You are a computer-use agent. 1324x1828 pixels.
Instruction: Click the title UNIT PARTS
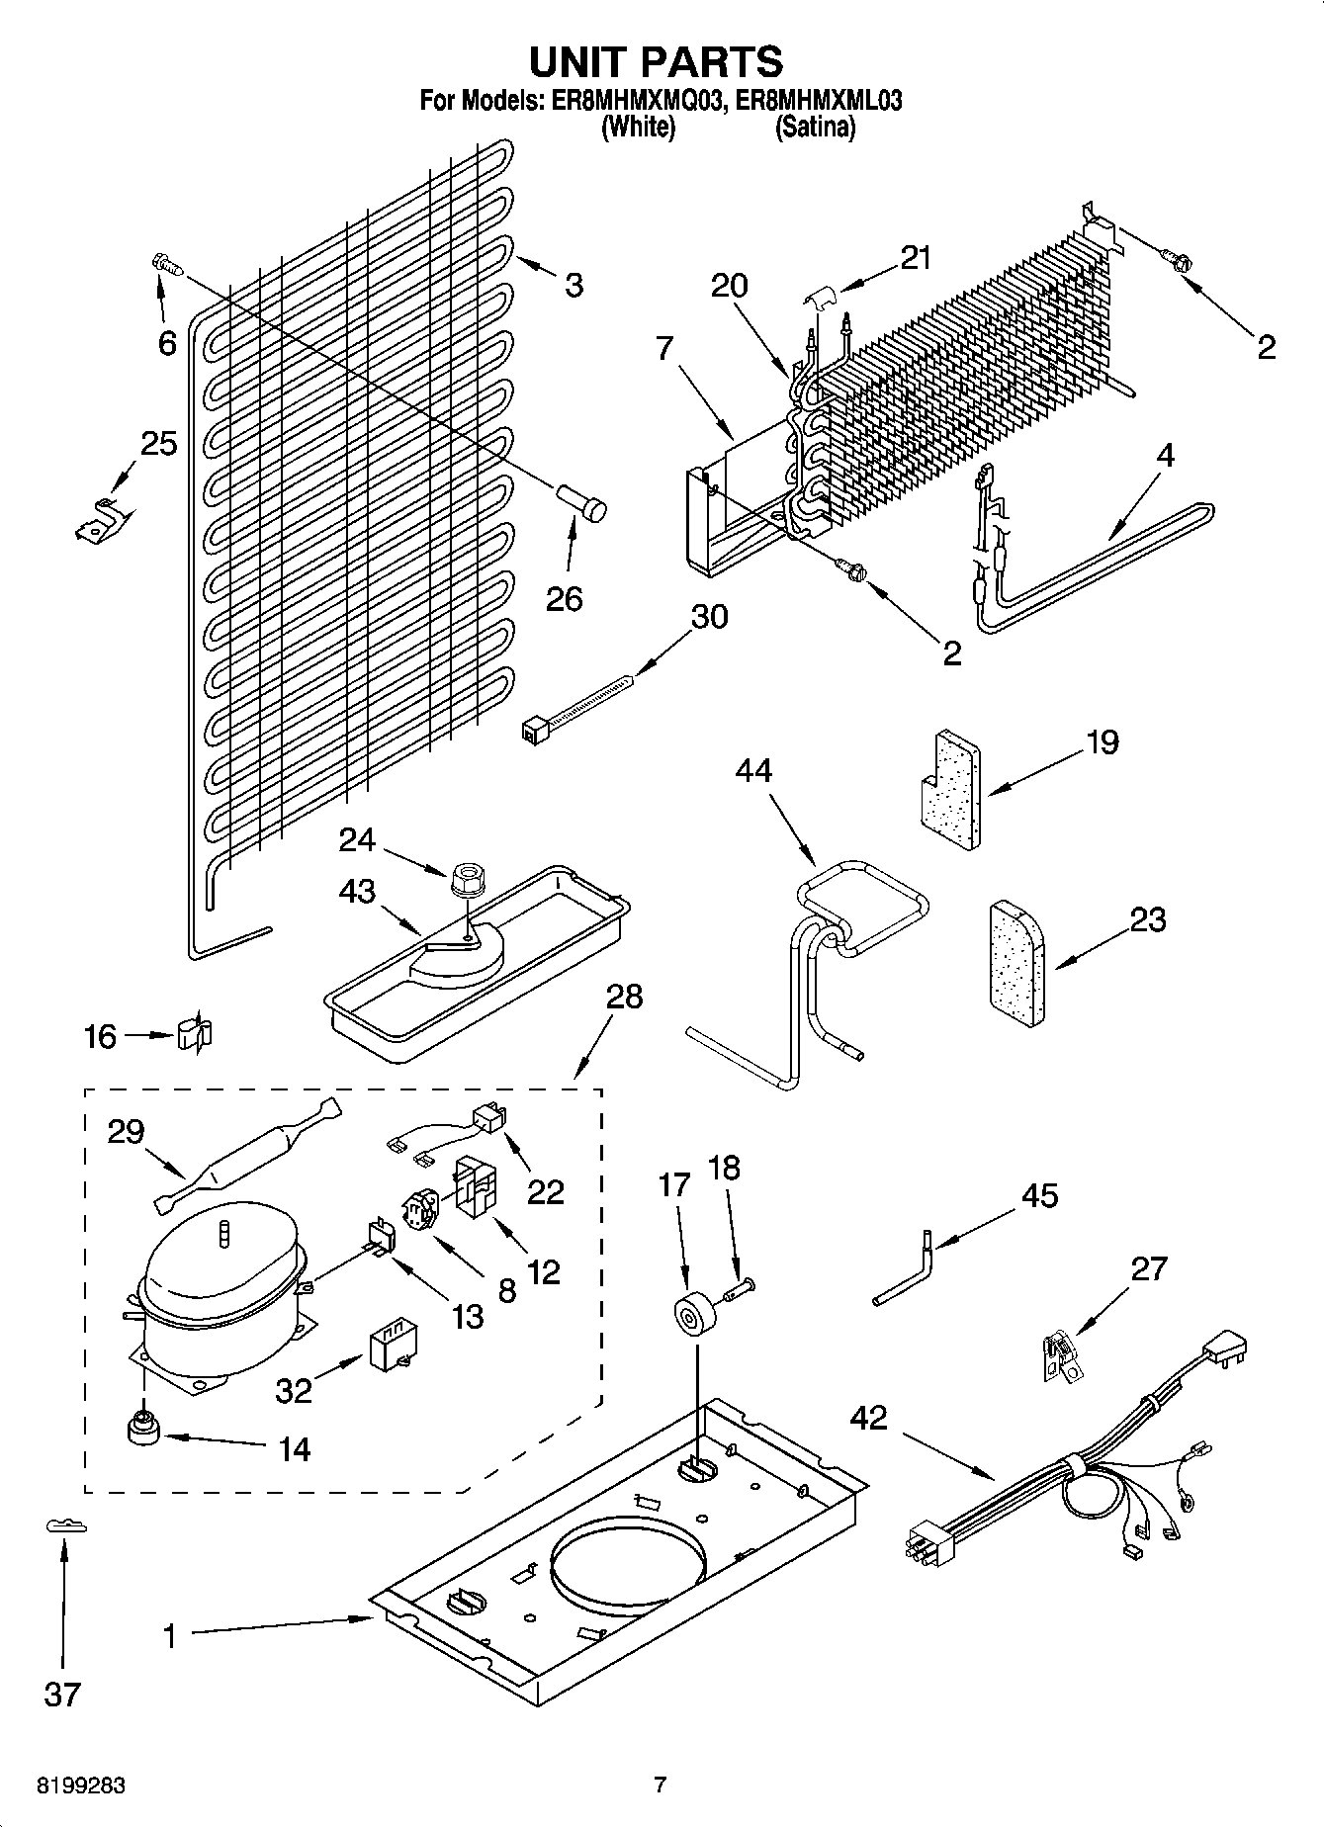(x=656, y=61)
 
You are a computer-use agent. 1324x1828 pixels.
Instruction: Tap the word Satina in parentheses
(x=815, y=127)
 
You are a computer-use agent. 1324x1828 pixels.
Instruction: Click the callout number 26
(x=565, y=598)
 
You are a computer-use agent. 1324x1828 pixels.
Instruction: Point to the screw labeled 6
(x=165, y=264)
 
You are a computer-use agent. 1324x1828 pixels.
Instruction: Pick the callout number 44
(x=753, y=770)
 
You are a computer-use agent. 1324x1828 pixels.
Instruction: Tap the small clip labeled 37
(x=65, y=1526)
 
